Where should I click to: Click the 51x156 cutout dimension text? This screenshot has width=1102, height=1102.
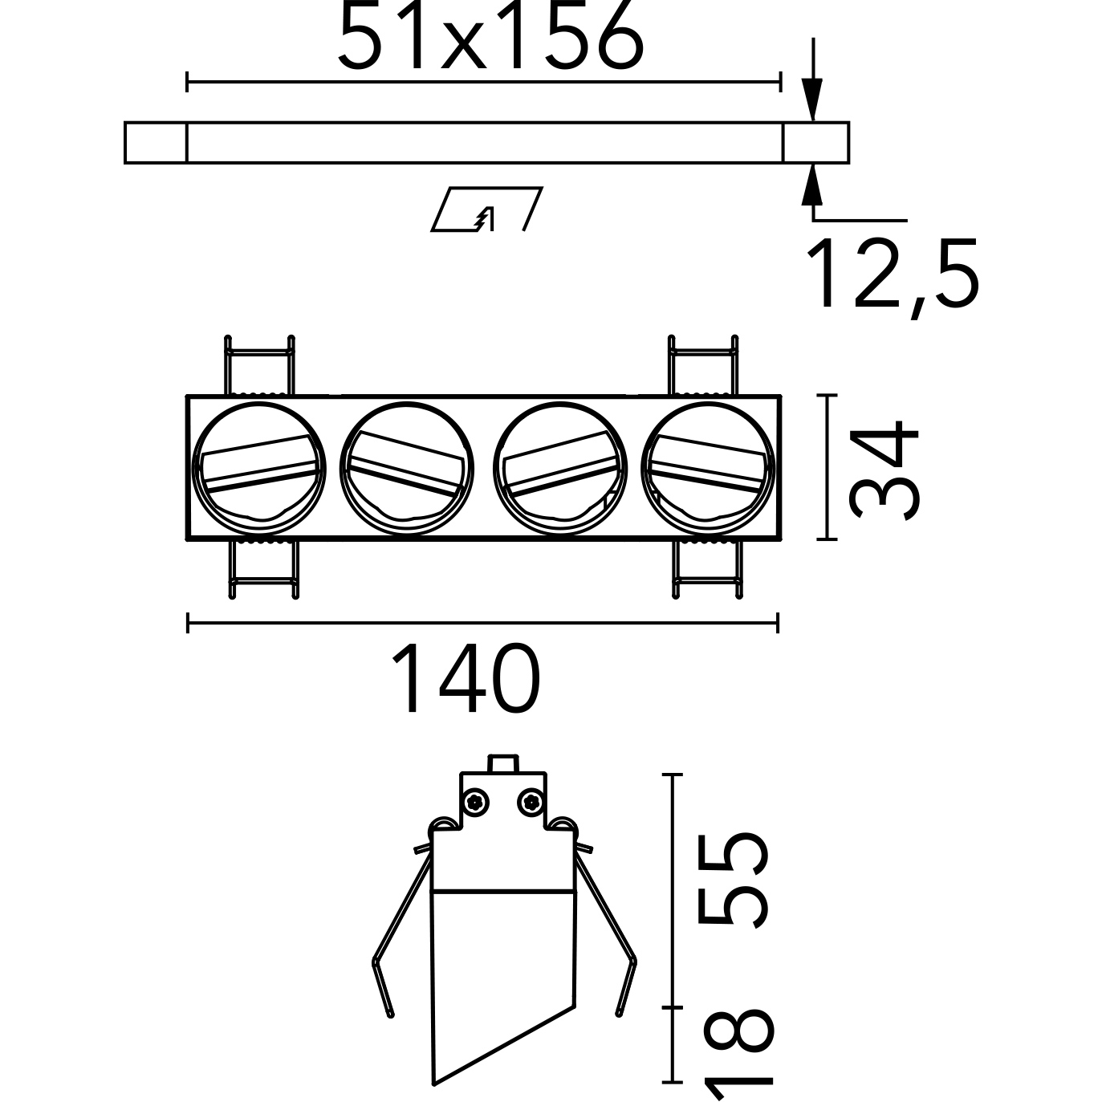point(490,35)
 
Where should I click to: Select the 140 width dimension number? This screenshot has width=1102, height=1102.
point(466,678)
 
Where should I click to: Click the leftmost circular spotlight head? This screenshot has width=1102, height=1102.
point(259,469)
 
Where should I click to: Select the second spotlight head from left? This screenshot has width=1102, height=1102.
point(407,469)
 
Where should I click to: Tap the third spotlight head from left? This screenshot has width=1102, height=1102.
point(560,469)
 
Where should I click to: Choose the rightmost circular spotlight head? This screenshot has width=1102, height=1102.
point(708,469)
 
